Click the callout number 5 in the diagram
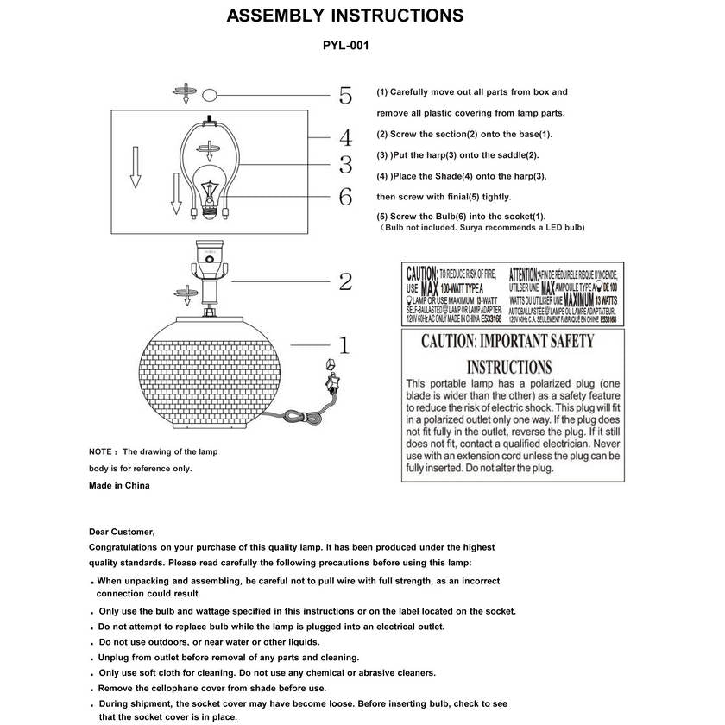pyautogui.click(x=345, y=96)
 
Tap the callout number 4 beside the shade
pyautogui.click(x=345, y=138)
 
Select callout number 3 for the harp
pyautogui.click(x=345, y=165)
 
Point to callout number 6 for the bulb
pyautogui.click(x=345, y=197)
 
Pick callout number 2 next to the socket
pyautogui.click(x=345, y=281)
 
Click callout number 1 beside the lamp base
pyautogui.click(x=344, y=346)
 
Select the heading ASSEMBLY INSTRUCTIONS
pyautogui.click(x=344, y=16)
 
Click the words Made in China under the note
pyautogui.click(x=119, y=485)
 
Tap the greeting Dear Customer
pyautogui.click(x=122, y=532)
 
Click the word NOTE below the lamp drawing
pyautogui.click(x=101, y=451)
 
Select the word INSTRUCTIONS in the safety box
pyautogui.click(x=509, y=367)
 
